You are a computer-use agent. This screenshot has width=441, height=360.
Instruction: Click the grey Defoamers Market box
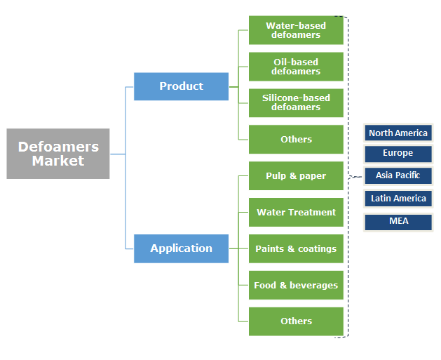click(x=58, y=154)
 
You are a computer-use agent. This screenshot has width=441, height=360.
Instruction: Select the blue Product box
click(x=181, y=86)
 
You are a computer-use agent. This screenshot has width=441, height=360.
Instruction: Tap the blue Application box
click(x=181, y=248)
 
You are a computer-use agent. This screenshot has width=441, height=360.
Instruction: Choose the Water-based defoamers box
click(x=296, y=30)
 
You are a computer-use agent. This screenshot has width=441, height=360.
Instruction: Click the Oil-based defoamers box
click(x=296, y=67)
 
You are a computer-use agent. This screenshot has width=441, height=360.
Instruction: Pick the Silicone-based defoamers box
click(x=296, y=102)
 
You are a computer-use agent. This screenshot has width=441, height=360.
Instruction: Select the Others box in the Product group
click(x=296, y=139)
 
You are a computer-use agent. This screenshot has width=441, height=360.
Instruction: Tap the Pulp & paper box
click(x=296, y=175)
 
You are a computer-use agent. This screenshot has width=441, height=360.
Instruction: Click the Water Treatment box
click(x=296, y=212)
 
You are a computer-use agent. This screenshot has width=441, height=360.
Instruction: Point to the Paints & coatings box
click(x=296, y=248)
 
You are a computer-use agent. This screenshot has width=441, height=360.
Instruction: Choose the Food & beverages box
click(x=296, y=285)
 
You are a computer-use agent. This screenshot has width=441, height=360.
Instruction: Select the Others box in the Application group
click(x=296, y=321)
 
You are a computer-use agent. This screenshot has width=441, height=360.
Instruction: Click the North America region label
click(x=398, y=133)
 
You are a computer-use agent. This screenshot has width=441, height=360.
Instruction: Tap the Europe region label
click(x=398, y=153)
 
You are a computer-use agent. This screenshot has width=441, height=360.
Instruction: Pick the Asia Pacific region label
click(x=398, y=175)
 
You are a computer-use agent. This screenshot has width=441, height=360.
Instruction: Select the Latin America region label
click(x=398, y=199)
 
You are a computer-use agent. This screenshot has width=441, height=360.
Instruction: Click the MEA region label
click(x=398, y=221)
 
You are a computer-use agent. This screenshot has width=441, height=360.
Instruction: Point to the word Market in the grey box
click(x=58, y=161)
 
